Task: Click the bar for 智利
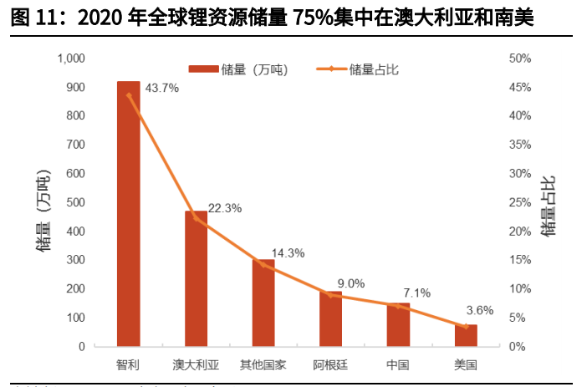tap(128, 213)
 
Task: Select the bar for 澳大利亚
tap(196, 278)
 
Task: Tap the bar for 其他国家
tap(263, 303)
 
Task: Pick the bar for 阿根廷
tap(330, 318)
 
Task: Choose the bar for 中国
tap(398, 324)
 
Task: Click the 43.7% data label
tap(162, 87)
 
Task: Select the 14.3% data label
tap(288, 253)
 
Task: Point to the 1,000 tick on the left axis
tap(71, 59)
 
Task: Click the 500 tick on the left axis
tap(75, 202)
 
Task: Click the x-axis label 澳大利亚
tap(196, 364)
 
